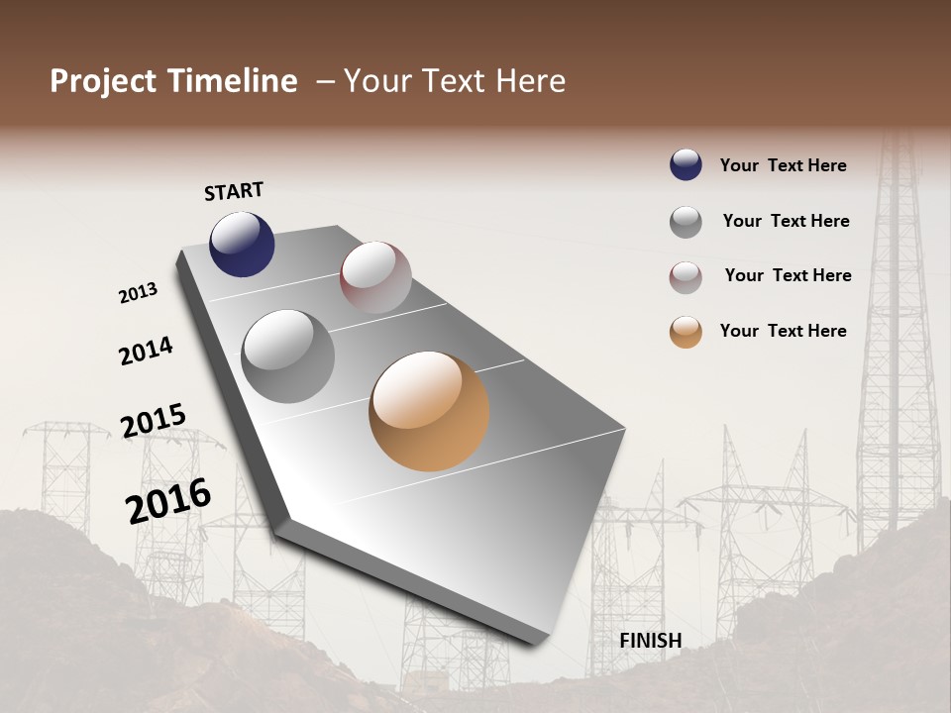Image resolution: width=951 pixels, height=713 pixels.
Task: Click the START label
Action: coord(234,191)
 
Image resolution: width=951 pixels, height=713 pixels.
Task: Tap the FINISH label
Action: coord(651,641)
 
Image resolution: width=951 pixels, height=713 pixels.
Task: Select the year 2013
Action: coord(138,293)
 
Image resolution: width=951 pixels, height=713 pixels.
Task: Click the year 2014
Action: coord(146,351)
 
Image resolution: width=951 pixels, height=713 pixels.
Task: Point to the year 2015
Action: coord(154,420)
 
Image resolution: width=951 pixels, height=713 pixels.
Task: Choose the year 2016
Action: coord(168,501)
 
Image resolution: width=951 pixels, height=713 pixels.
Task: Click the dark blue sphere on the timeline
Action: coord(242,244)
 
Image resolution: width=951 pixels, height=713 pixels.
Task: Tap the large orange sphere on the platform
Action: coord(429,411)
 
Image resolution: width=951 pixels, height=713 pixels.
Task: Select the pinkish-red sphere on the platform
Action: coord(375,277)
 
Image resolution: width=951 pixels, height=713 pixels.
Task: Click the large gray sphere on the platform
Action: coord(287,356)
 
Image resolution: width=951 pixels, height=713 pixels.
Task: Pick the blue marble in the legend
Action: coord(686,164)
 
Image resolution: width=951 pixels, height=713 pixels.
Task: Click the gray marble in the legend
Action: coord(686,222)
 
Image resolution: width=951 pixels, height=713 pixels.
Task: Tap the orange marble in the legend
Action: coord(686,332)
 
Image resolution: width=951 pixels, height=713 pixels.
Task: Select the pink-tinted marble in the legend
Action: coord(686,277)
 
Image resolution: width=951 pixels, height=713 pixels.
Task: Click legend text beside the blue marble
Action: coord(783,165)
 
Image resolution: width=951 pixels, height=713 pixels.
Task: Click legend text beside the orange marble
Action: coord(783,331)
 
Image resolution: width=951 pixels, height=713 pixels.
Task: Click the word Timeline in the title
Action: coord(233,81)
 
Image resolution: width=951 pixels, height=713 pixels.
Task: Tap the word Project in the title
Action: coord(103,81)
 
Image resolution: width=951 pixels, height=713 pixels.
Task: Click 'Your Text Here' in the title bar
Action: coord(454,81)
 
